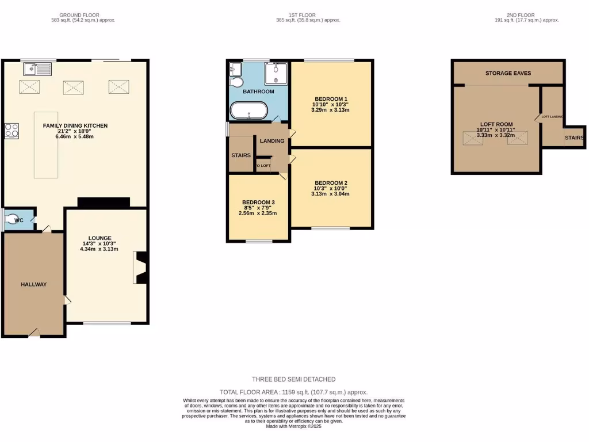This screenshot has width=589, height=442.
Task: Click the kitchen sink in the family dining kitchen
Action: pos(37,70)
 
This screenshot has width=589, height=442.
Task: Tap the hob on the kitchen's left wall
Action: pos(12,131)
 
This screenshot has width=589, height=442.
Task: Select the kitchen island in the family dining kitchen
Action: pos(46,144)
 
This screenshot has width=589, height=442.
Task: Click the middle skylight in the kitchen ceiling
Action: pos(73,87)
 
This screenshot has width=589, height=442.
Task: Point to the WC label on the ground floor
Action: pos(18,220)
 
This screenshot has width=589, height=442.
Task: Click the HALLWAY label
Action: pos(33,284)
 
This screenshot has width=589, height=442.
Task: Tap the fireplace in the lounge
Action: pos(141,268)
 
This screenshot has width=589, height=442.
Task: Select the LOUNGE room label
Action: pos(100,238)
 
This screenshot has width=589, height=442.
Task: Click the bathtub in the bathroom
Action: pos(248,110)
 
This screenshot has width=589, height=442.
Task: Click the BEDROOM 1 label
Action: pos(331,98)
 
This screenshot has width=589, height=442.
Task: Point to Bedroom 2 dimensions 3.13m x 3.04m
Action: pos(330,194)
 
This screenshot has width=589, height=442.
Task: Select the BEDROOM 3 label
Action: pos(258,202)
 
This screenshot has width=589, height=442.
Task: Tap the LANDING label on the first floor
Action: pos(271,141)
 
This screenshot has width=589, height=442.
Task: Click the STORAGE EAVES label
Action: pos(508,73)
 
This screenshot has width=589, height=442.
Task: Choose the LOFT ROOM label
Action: pos(496,123)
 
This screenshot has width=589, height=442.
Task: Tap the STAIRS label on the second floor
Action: pos(574,138)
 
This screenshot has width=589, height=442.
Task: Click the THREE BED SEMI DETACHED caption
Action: pos(293,379)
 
